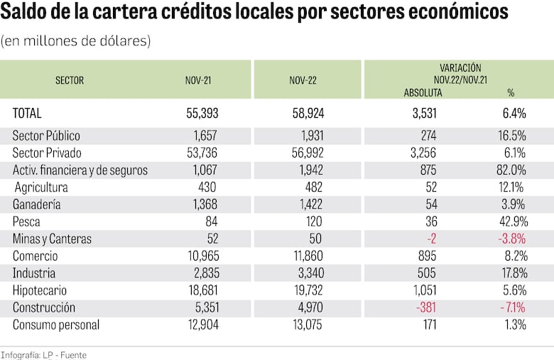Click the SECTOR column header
[70, 80]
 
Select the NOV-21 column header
[198, 80]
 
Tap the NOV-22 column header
[303, 80]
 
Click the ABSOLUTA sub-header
[423, 92]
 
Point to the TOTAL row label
[28, 113]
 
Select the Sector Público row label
[46, 136]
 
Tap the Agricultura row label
[41, 187]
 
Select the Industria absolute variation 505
[426, 273]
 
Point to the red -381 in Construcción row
[425, 307]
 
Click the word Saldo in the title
[26, 13]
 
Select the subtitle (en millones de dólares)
[76, 41]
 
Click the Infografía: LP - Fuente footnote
[43, 354]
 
